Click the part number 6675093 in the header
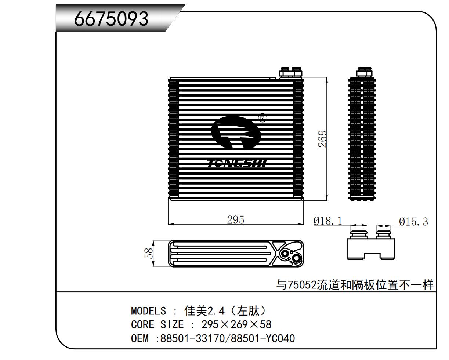tap(111, 19)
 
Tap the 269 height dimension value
tap(322, 139)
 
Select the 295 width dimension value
tap(236, 220)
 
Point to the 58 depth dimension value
tap(149, 253)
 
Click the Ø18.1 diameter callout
tap(328, 221)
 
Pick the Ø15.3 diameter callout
tap(413, 222)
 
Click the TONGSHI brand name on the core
tap(237, 163)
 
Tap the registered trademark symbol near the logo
tap(263, 118)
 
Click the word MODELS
tap(148, 311)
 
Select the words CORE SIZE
tap(157, 324)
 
